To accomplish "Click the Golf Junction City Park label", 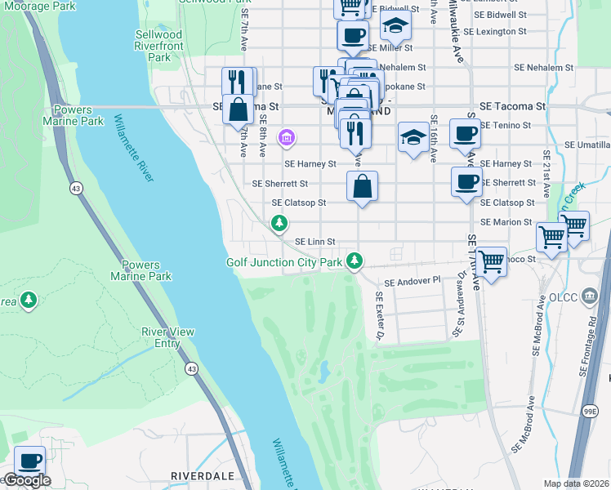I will click(283, 262).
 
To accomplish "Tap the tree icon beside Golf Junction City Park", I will click(354, 261).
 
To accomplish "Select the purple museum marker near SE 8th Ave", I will click(287, 136).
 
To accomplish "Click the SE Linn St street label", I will click(314, 242).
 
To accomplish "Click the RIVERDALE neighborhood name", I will click(203, 475).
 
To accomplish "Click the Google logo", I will click(27, 480).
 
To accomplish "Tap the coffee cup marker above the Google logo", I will click(30, 461).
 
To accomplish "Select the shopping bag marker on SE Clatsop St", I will click(362, 186).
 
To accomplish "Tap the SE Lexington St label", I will click(495, 31).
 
